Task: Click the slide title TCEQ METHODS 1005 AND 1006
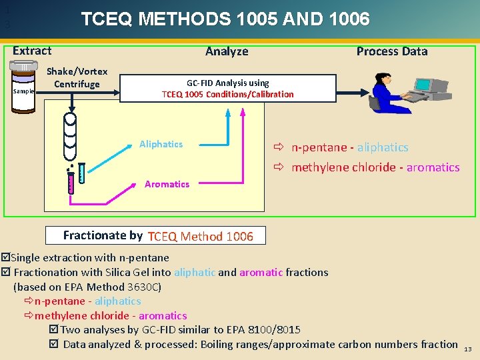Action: coord(225,19)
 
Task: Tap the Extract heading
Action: coord(32,51)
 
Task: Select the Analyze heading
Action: coord(227,51)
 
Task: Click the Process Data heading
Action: coord(392,51)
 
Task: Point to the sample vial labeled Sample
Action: coord(25,83)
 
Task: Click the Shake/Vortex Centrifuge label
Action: coord(77,78)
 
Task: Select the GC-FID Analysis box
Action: coord(228,89)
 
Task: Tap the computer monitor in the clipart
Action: coord(424,85)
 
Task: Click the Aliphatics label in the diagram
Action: coord(161,144)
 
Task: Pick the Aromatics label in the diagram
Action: coord(167,184)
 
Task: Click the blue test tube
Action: coord(82,173)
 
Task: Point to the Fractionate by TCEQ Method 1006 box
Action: coord(158,235)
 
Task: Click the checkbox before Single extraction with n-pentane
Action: coord(6,257)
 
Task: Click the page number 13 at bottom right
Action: coord(467,349)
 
